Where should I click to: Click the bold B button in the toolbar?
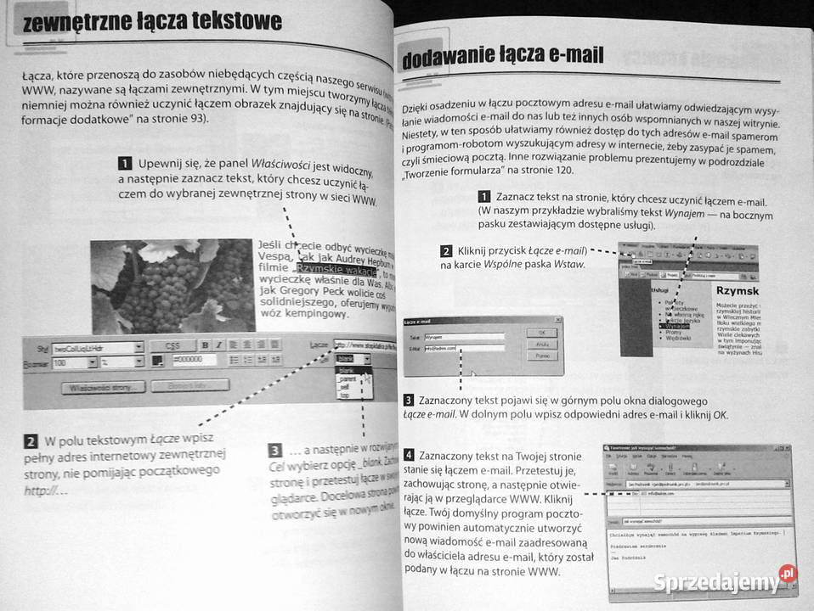tap(205, 345)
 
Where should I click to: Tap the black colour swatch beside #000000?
tap(158, 361)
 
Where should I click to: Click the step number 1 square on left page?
tap(125, 163)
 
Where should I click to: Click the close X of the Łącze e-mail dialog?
tap(557, 321)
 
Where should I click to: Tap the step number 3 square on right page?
tap(409, 400)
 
